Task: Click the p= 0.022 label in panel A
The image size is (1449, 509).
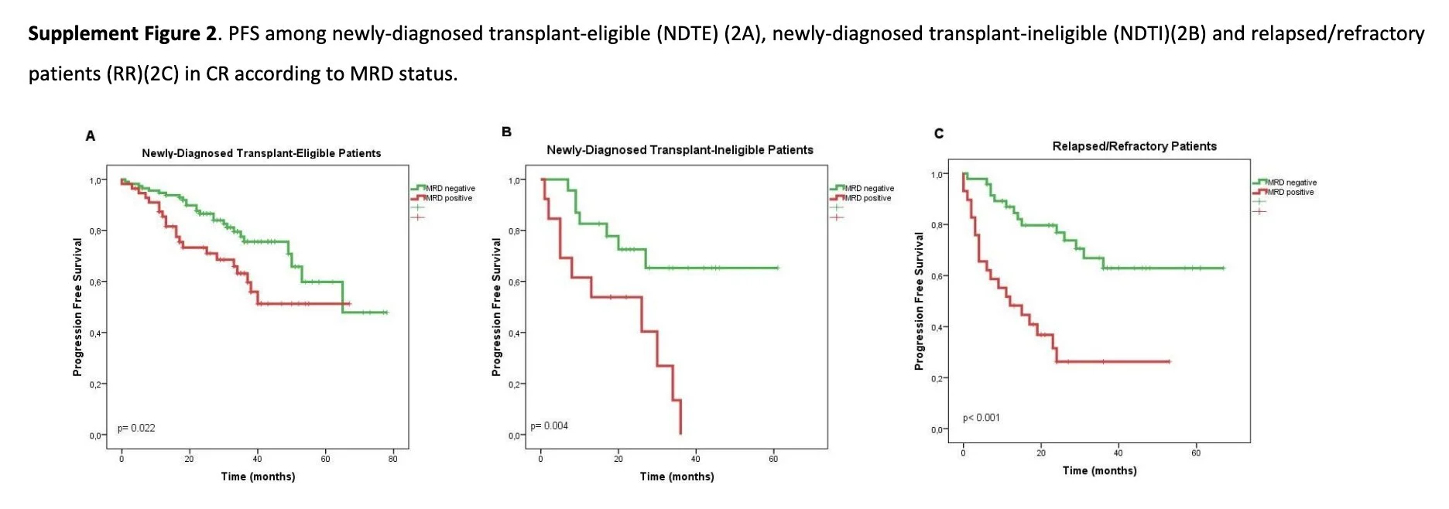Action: click(136, 428)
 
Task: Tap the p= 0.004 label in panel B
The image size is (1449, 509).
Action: click(549, 425)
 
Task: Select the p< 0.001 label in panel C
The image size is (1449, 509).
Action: click(981, 418)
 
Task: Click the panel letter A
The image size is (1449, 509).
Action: click(91, 136)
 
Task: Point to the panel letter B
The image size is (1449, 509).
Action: click(506, 132)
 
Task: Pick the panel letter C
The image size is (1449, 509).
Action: click(939, 133)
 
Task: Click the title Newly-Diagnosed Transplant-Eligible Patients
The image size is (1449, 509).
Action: click(261, 153)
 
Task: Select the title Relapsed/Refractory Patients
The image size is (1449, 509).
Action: click(1134, 146)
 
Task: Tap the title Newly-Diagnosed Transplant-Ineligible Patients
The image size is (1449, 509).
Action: click(680, 150)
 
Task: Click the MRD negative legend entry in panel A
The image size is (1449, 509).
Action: click(450, 188)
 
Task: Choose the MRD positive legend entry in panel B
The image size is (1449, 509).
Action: click(868, 198)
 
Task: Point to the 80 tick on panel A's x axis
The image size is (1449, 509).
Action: click(393, 459)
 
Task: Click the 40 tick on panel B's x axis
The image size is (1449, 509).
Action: click(696, 459)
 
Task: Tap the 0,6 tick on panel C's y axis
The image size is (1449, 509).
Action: click(937, 276)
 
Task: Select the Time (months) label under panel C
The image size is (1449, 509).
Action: click(1099, 470)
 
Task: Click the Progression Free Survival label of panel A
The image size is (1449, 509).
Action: click(77, 307)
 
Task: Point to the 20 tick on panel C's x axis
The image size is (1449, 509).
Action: click(1041, 453)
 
